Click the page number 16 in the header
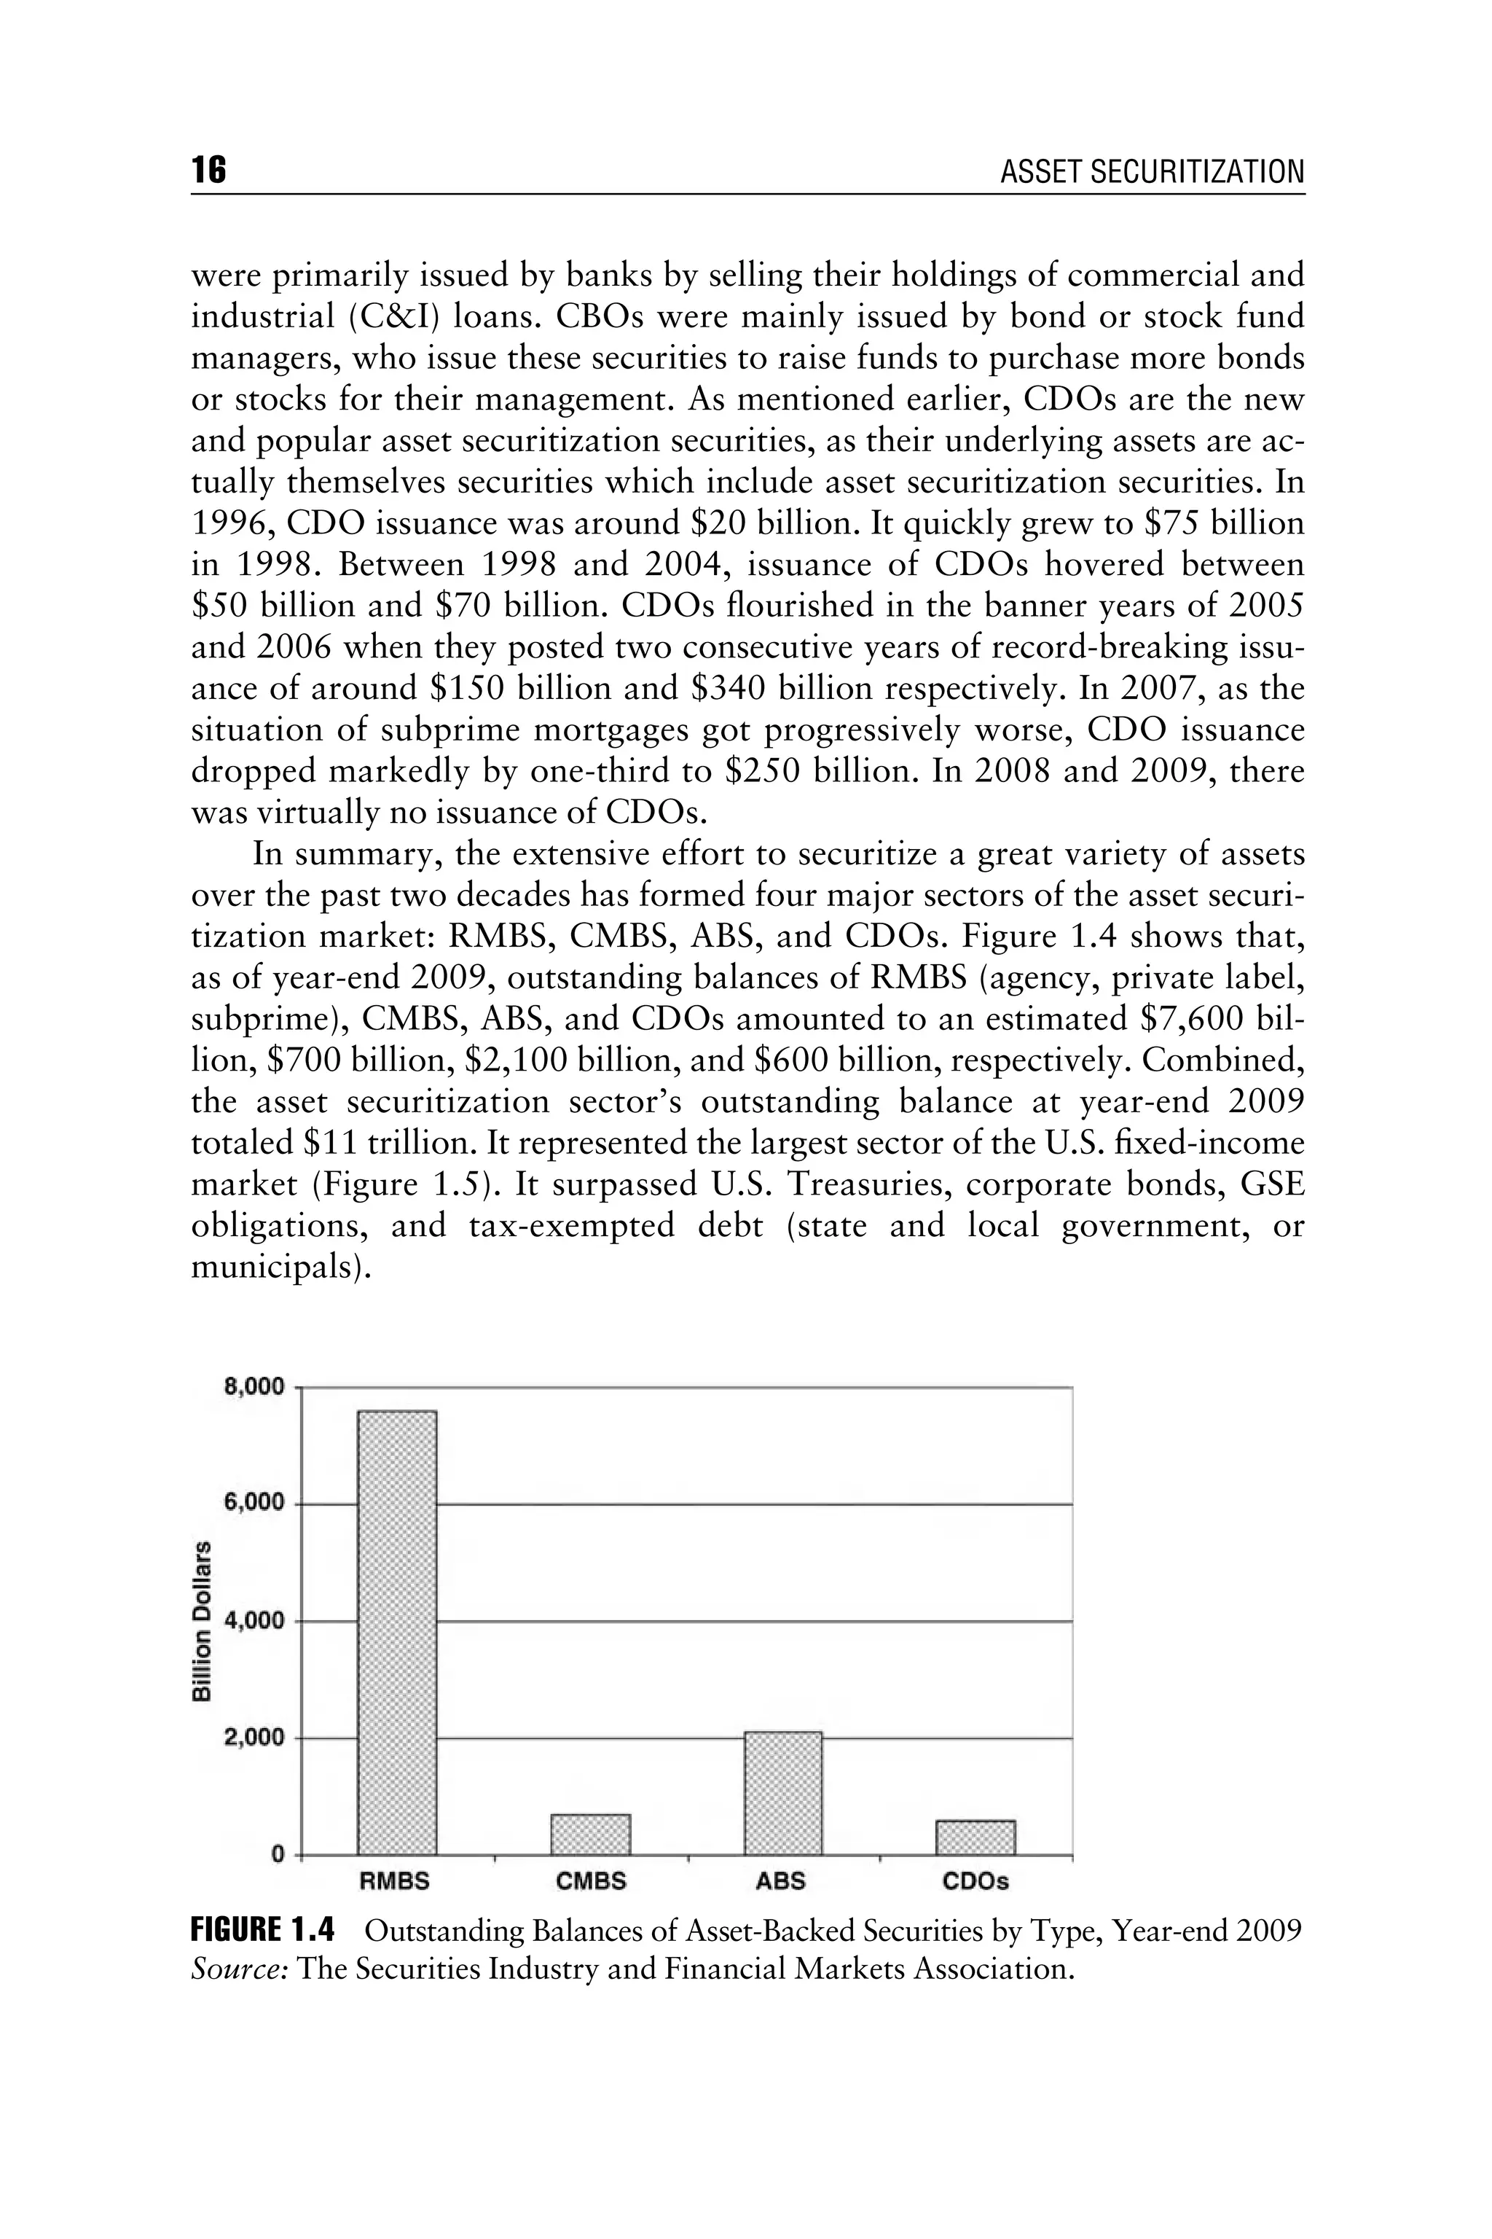point(208,171)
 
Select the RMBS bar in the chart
point(397,1633)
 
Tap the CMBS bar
point(590,1834)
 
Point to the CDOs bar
point(975,1837)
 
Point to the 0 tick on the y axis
point(278,1853)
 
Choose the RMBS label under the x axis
point(394,1881)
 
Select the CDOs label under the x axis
point(975,1881)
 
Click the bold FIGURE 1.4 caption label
point(262,1931)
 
